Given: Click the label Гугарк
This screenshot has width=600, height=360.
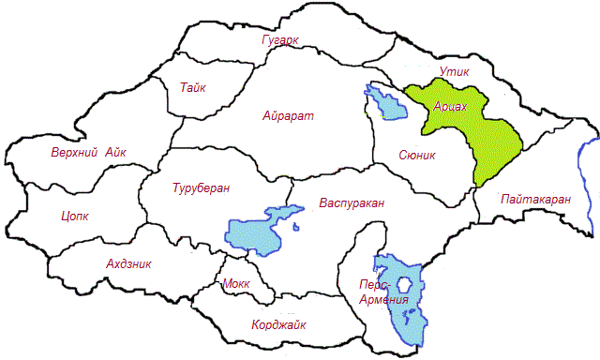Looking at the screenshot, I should (280, 39).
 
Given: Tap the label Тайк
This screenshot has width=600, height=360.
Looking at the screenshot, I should (192, 87).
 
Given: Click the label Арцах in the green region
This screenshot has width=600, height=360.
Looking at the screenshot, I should (451, 108).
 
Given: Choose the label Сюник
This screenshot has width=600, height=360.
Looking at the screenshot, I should (417, 155).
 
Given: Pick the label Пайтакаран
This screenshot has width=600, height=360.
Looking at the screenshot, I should (536, 199).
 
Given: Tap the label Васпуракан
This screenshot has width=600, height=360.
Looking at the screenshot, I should (352, 203).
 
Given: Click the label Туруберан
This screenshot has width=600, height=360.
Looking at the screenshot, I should (201, 187).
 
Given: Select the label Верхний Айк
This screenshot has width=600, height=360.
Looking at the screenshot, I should (88, 153).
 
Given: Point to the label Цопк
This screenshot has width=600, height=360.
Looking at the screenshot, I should (74, 217).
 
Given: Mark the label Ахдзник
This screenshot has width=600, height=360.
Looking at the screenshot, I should (129, 264).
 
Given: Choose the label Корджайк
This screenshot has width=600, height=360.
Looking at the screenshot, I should (279, 325).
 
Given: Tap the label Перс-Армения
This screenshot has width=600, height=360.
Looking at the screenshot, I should (383, 291).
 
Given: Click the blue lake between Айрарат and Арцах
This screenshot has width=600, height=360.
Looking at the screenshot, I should (387, 102).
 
